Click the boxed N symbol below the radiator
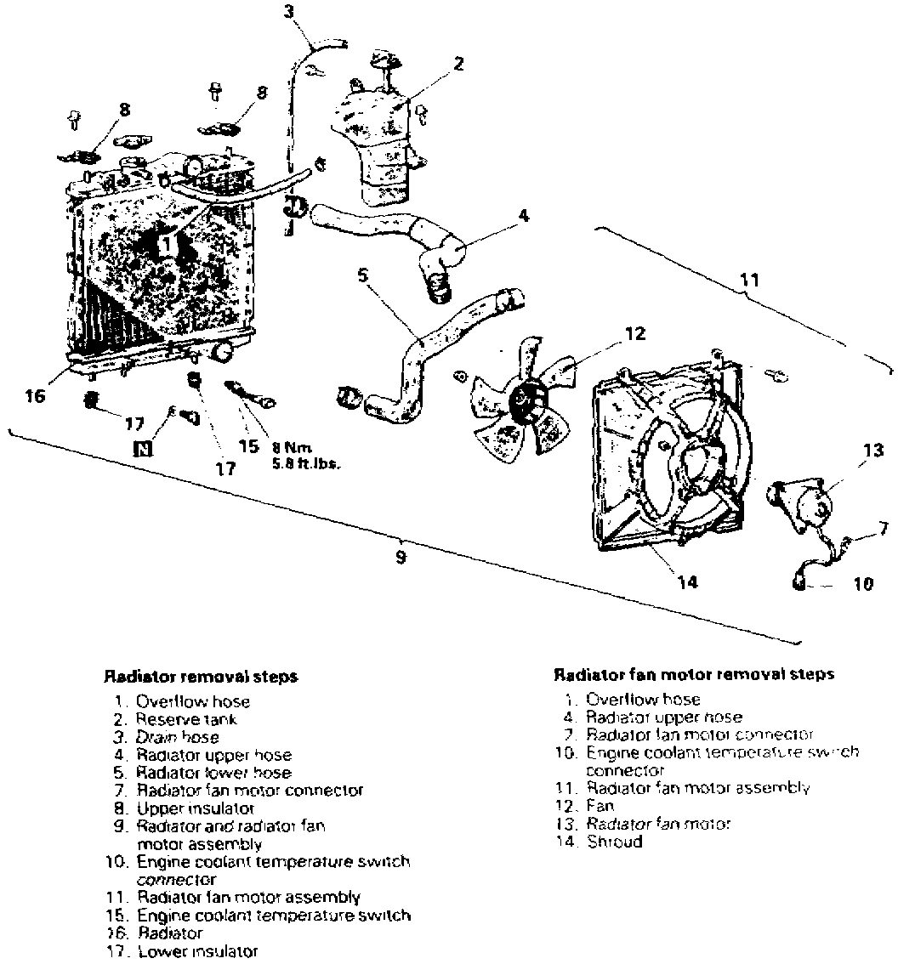143,448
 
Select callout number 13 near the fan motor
873,451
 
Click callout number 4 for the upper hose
523,216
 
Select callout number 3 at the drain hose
289,11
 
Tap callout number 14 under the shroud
687,582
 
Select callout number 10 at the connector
863,584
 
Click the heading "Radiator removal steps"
200,677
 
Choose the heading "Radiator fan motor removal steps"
694,674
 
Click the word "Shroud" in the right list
614,842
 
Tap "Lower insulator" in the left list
197,952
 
